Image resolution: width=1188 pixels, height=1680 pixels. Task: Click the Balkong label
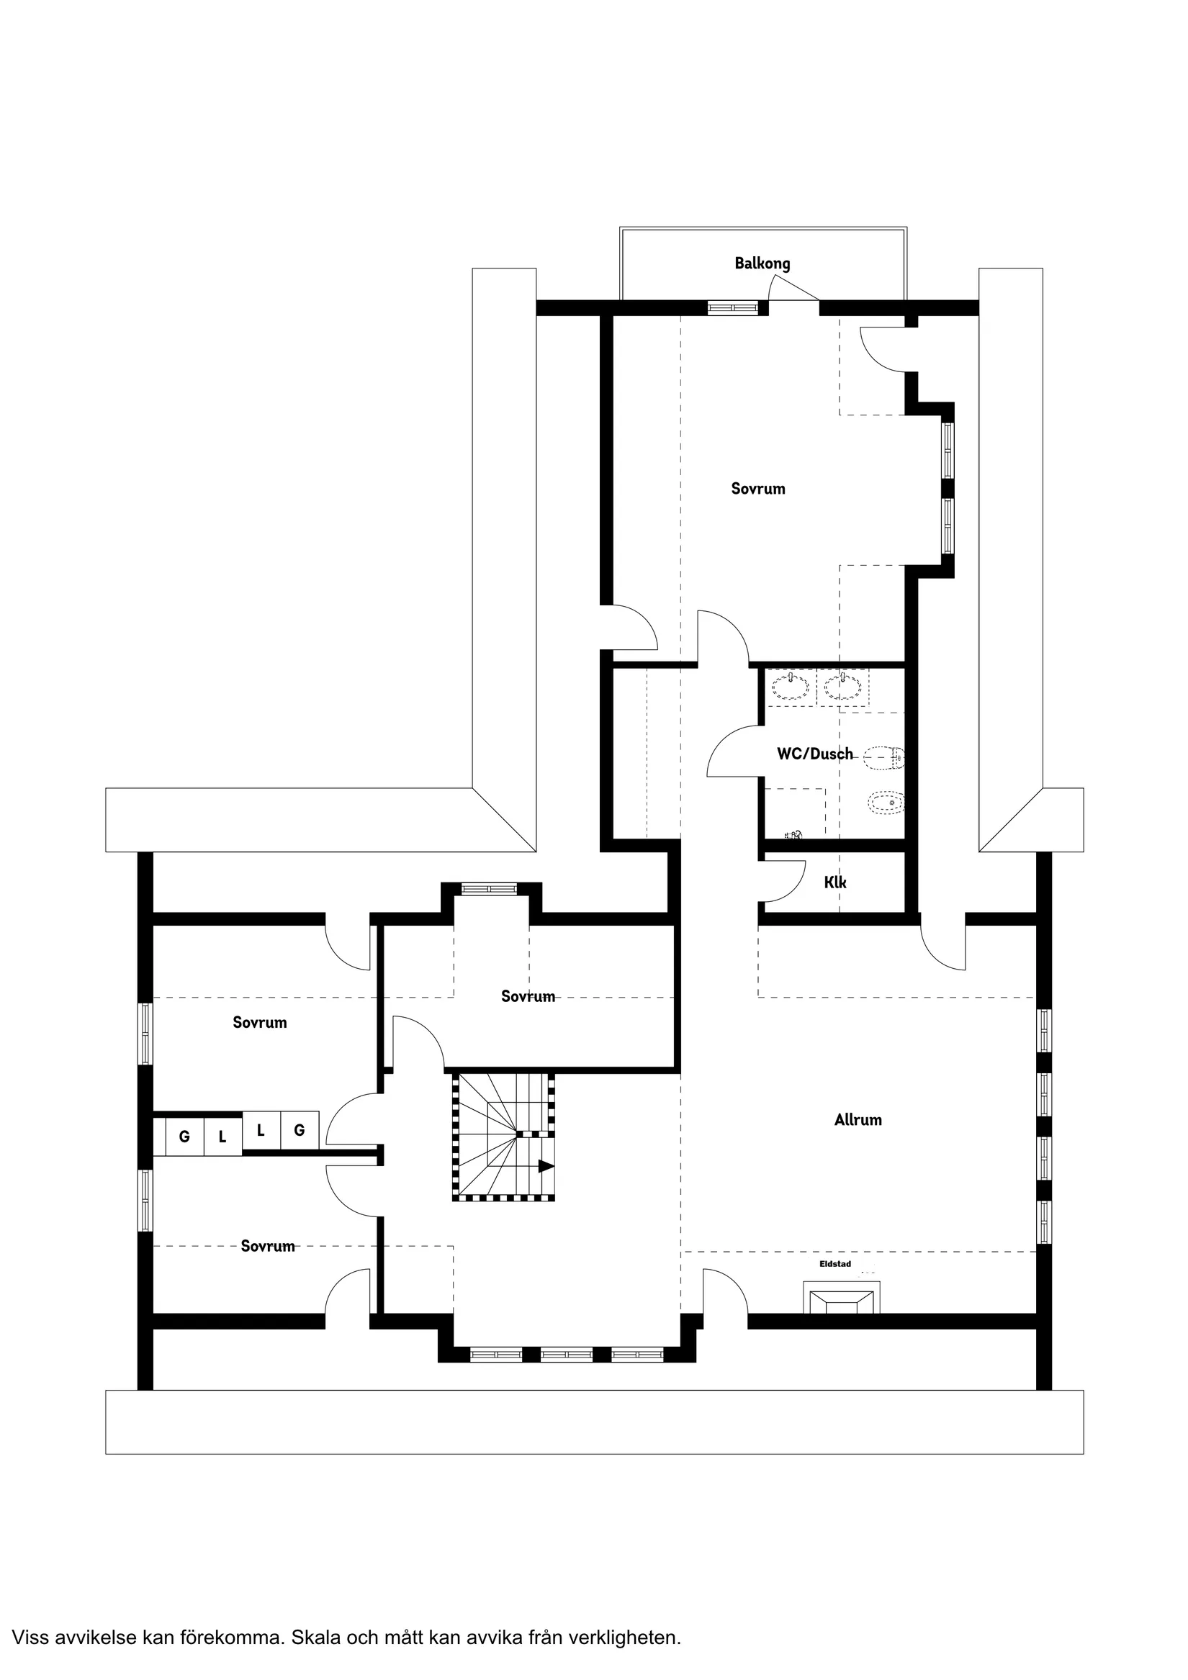(x=762, y=263)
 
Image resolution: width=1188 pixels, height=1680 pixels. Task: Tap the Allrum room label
(x=858, y=1119)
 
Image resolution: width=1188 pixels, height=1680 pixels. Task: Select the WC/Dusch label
(x=815, y=754)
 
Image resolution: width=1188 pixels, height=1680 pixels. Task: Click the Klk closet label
(x=835, y=882)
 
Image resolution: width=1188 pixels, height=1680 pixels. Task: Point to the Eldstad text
(x=835, y=1264)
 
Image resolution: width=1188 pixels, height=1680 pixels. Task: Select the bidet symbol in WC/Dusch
(x=886, y=804)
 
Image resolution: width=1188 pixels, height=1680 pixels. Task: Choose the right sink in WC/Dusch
(x=842, y=688)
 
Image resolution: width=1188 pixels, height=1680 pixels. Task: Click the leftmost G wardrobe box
(x=184, y=1137)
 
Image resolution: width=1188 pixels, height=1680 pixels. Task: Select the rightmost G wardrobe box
(x=300, y=1131)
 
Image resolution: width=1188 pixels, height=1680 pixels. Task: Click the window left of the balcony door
(x=733, y=308)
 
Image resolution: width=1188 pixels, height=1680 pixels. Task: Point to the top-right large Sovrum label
(x=757, y=489)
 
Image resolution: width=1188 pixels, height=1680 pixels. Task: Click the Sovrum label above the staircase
(x=528, y=996)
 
